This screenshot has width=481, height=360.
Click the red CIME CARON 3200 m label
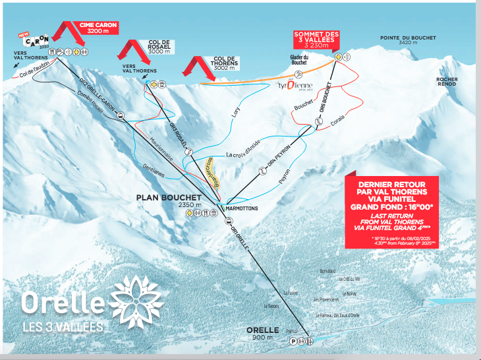tap(98, 28)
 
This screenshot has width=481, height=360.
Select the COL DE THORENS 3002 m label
tap(225, 63)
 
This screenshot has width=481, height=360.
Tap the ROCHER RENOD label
tap(446, 82)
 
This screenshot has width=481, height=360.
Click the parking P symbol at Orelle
tap(293, 342)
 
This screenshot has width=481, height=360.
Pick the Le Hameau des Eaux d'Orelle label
tap(337, 316)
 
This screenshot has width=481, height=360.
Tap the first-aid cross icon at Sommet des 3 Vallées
tap(338, 58)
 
